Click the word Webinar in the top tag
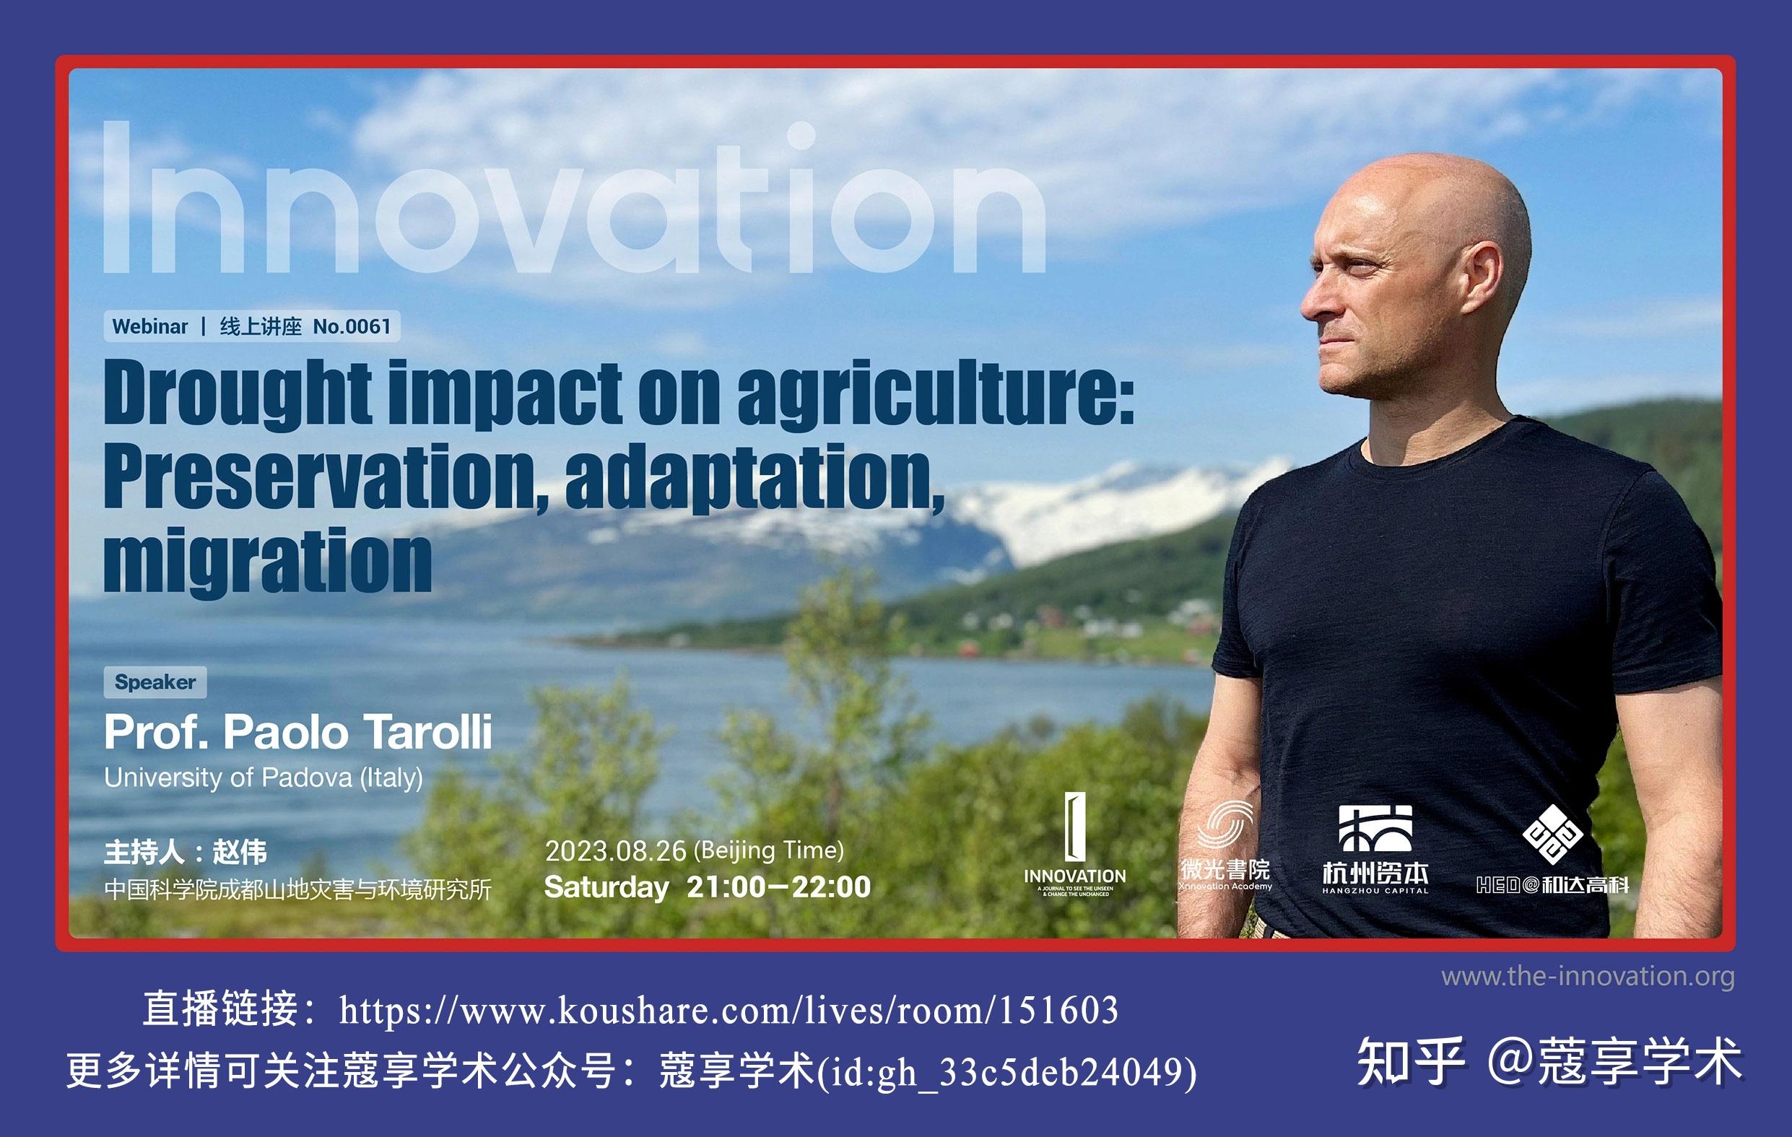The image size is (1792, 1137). (x=149, y=327)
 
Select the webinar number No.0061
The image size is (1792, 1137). (x=352, y=327)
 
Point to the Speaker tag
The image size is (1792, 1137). (x=155, y=682)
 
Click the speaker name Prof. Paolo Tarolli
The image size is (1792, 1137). (x=297, y=732)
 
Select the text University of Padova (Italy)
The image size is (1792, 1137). (x=264, y=777)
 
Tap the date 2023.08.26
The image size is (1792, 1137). (x=615, y=850)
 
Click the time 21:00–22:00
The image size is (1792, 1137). (x=778, y=887)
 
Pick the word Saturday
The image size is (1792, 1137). (x=606, y=887)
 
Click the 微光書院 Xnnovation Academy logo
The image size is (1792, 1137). (x=1225, y=848)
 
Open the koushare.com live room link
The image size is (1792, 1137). (x=728, y=1011)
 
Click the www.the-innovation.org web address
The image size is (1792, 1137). (x=1588, y=975)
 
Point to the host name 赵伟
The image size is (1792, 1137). (x=240, y=852)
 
